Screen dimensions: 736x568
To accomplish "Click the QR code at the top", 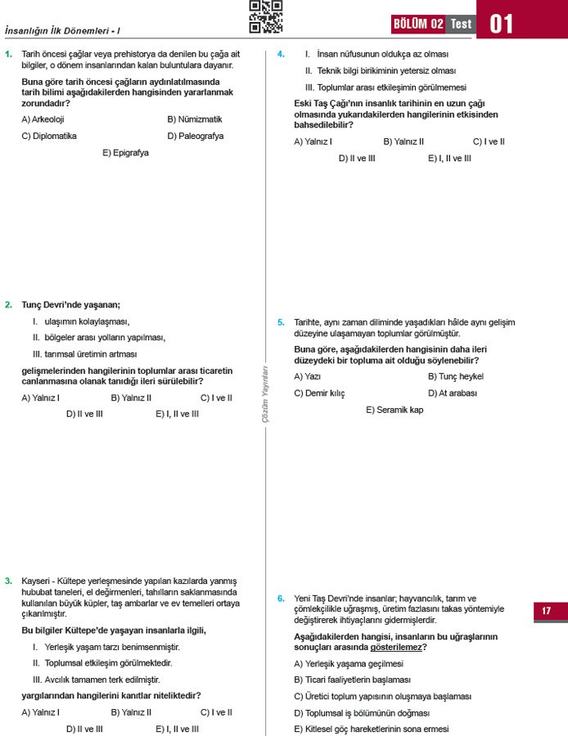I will pyautogui.click(x=265, y=16).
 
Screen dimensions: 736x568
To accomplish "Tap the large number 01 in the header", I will pyautogui.click(x=502, y=24).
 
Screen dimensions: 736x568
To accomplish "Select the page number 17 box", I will pyautogui.click(x=546, y=611).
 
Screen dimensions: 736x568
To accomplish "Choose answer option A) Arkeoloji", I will pyautogui.click(x=43, y=119).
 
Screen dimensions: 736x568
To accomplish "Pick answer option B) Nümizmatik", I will pyautogui.click(x=195, y=119).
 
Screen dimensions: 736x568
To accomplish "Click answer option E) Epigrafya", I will pyautogui.click(x=125, y=153).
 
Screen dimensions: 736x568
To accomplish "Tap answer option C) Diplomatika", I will pyautogui.click(x=49, y=137).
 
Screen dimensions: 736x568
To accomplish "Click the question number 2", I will pyautogui.click(x=8, y=305).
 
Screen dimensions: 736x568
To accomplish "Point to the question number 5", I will pyautogui.click(x=281, y=322).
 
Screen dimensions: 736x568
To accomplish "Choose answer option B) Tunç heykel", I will pyautogui.click(x=455, y=377).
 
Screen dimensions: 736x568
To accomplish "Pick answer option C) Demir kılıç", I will pyautogui.click(x=319, y=393).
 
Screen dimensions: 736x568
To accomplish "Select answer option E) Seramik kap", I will pyautogui.click(x=394, y=410).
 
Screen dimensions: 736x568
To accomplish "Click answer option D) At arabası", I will pyautogui.click(x=453, y=393).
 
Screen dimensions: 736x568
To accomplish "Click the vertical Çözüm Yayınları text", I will pyautogui.click(x=265, y=393).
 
